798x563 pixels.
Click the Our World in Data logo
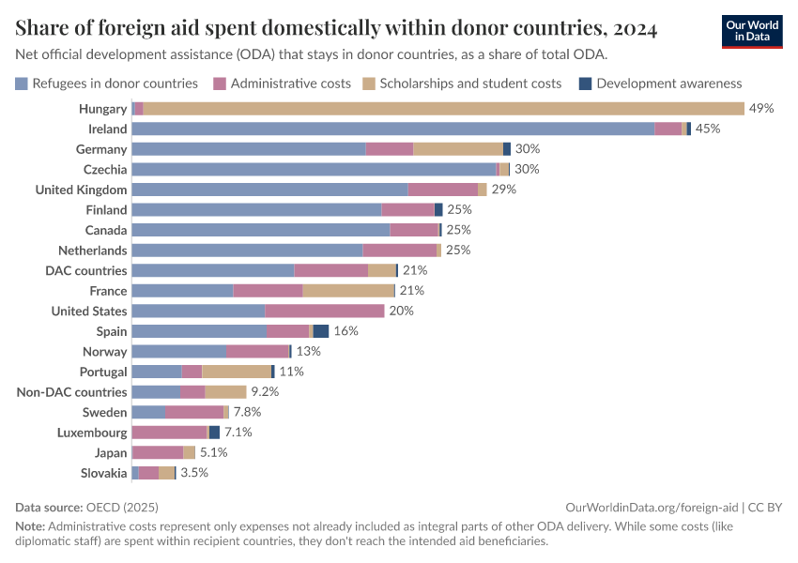[x=752, y=32]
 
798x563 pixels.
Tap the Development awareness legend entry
[x=668, y=84]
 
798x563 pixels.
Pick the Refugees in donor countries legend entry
[x=114, y=84]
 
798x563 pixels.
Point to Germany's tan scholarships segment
[x=458, y=149]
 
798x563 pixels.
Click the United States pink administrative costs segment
[x=324, y=311]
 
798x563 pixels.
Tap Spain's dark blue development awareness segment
[x=321, y=331]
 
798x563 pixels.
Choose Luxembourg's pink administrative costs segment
[x=169, y=433]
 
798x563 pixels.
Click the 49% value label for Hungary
[x=761, y=109]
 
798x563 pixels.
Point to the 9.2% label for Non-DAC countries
[x=265, y=392]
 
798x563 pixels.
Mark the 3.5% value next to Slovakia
[x=194, y=473]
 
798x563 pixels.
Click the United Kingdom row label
[x=81, y=190]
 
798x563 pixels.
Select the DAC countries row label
[x=86, y=270]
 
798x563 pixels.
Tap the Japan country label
[x=109, y=452]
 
